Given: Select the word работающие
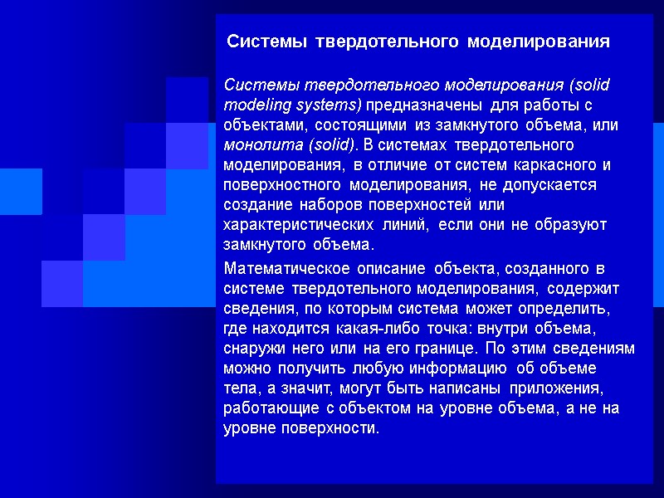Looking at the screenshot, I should coord(266,408).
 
